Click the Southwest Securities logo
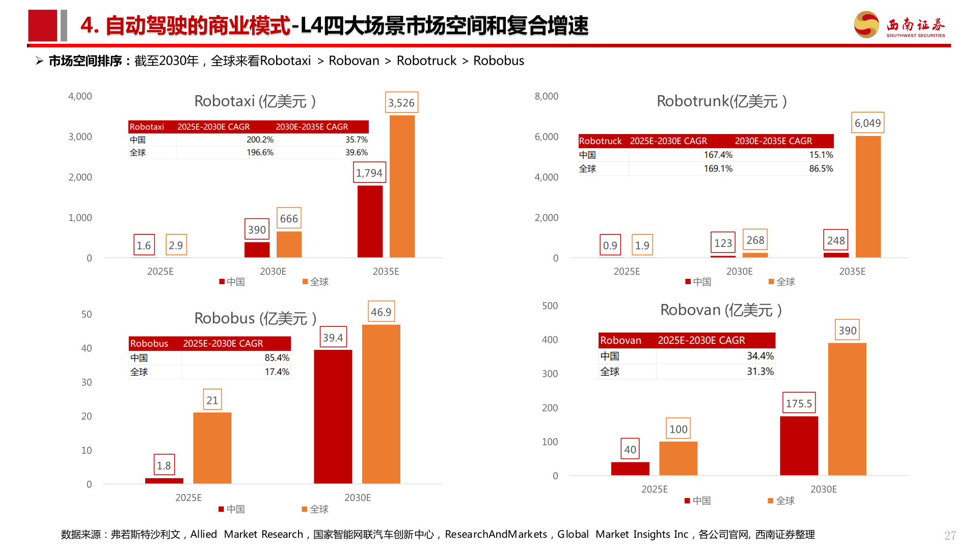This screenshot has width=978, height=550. [x=900, y=25]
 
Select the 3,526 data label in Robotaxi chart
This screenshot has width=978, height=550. [x=401, y=103]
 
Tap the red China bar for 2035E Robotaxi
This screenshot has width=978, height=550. [x=370, y=222]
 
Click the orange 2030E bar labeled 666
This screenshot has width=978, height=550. [x=289, y=244]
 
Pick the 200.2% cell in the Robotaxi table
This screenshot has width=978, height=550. [x=260, y=140]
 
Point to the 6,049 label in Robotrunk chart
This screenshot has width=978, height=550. [x=867, y=123]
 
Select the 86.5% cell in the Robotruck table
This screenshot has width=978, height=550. [x=821, y=169]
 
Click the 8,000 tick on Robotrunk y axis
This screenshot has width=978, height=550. [x=546, y=96]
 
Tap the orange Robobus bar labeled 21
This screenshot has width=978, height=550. [x=212, y=448]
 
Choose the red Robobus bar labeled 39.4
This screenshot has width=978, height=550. [x=333, y=416]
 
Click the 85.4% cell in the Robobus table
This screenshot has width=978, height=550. [x=277, y=358]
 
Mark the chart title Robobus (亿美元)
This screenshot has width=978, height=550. [x=255, y=318]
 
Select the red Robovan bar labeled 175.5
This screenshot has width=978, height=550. [x=799, y=446]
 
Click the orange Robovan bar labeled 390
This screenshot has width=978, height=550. [x=847, y=409]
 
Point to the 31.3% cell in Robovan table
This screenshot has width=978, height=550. [x=760, y=372]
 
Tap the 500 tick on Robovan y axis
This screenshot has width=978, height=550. [x=550, y=306]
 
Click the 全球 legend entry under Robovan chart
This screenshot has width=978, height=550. [x=782, y=501]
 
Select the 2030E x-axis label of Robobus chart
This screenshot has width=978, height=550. [x=358, y=498]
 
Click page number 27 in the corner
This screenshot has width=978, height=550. [x=949, y=536]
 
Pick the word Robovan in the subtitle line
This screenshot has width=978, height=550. [x=354, y=61]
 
